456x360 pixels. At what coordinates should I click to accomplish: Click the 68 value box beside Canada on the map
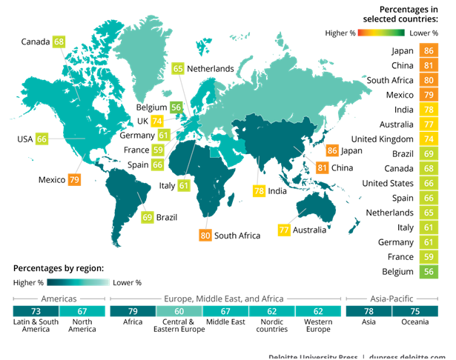(x=59, y=42)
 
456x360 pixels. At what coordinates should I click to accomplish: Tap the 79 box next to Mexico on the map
(x=74, y=179)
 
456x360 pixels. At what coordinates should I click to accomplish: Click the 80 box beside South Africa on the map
(x=205, y=236)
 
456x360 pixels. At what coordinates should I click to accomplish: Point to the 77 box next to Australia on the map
(x=284, y=230)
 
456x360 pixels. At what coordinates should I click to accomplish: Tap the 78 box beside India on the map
(x=259, y=191)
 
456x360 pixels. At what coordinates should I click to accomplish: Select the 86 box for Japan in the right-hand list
(x=428, y=51)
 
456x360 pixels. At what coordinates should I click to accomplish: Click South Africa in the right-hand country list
(x=390, y=81)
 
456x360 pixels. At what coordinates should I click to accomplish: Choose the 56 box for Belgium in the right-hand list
(x=428, y=272)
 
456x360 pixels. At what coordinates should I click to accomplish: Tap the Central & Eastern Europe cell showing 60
(x=178, y=312)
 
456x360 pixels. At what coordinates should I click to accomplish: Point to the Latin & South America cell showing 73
(x=36, y=312)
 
